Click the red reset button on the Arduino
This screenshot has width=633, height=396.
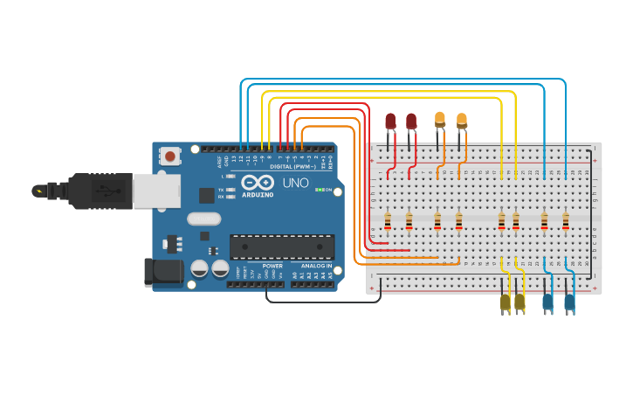(x=170, y=156)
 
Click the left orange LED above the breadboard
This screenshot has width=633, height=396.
(x=440, y=119)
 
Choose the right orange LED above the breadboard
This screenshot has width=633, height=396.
(x=462, y=120)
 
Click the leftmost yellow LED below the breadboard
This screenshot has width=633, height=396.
(x=505, y=302)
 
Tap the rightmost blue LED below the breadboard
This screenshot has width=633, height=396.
(x=569, y=302)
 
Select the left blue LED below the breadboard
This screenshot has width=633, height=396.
(x=547, y=302)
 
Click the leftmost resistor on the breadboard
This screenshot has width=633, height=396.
(x=387, y=222)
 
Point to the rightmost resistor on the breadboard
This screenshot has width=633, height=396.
(x=566, y=222)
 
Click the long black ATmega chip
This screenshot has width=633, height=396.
(x=281, y=247)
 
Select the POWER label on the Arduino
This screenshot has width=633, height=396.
(x=272, y=266)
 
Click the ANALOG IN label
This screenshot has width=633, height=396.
(x=317, y=266)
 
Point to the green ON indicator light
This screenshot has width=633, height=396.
(x=320, y=190)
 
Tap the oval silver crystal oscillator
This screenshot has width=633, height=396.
(x=204, y=219)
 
